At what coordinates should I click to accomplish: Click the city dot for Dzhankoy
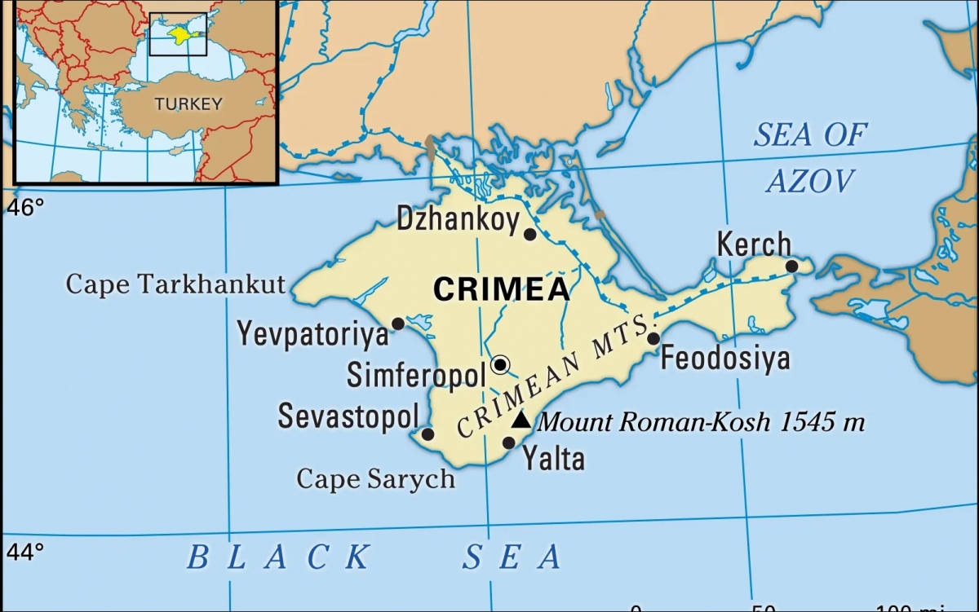(x=529, y=235)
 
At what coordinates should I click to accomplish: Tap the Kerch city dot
(x=791, y=266)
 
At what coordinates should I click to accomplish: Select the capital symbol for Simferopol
(x=501, y=363)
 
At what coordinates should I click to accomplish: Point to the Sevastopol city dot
(x=427, y=434)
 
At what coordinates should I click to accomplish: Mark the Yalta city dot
(x=508, y=442)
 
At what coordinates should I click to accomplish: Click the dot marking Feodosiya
(x=653, y=338)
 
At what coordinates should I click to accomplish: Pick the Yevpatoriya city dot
(x=398, y=324)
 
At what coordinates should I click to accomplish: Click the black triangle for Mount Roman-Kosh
(x=521, y=420)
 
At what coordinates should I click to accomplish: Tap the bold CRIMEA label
(x=501, y=289)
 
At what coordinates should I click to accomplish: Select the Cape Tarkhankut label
(x=175, y=284)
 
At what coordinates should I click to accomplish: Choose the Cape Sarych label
(x=375, y=478)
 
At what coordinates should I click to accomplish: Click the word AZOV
(x=810, y=181)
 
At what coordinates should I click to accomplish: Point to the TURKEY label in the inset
(x=188, y=103)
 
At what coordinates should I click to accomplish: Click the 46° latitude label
(x=26, y=209)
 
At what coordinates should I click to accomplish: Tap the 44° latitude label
(x=26, y=553)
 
